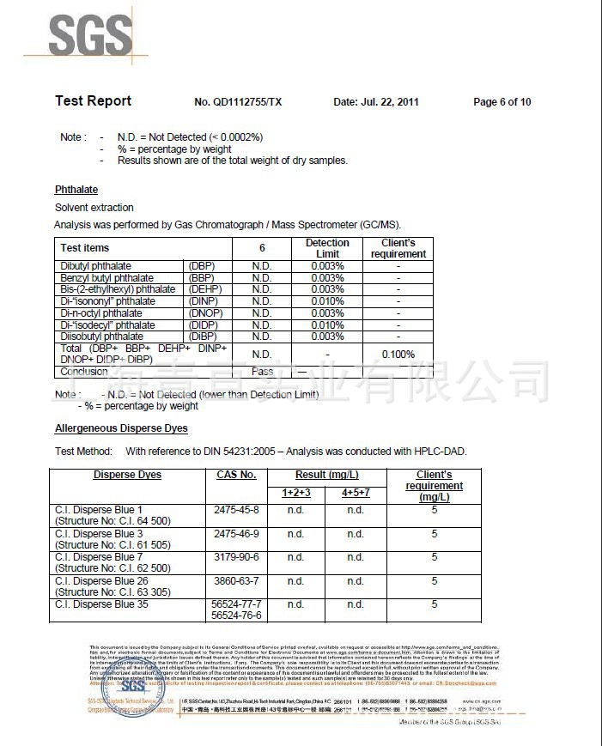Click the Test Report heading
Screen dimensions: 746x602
click(93, 101)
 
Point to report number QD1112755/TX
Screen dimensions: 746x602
click(238, 102)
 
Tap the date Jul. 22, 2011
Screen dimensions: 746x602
click(375, 102)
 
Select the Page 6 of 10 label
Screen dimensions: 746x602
click(502, 102)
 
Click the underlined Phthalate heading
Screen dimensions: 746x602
click(76, 190)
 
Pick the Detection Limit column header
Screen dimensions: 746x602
click(327, 248)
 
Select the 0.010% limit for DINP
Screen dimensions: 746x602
click(327, 301)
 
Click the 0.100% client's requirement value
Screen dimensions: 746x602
click(398, 355)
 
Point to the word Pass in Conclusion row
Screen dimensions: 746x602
click(262, 372)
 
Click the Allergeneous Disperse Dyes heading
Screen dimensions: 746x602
click(121, 428)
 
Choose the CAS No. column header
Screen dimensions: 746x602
click(236, 475)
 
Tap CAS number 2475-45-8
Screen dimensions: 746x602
click(236, 510)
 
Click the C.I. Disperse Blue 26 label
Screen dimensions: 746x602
click(100, 581)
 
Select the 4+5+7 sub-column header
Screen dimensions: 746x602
click(356, 493)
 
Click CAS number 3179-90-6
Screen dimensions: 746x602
click(236, 557)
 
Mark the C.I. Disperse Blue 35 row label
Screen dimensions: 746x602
click(100, 604)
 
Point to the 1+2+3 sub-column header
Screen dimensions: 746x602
click(296, 493)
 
